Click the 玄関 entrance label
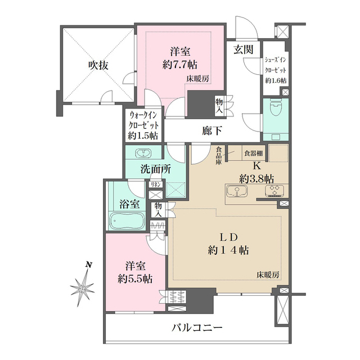(244, 49)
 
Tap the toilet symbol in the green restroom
(276, 108)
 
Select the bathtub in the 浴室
(127, 221)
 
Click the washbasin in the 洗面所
(143, 153)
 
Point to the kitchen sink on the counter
(237, 191)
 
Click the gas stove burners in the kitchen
(275, 191)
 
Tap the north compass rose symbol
(83, 286)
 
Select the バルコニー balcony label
(197, 327)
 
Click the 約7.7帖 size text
(180, 65)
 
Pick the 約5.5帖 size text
(135, 279)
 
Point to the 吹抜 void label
(98, 66)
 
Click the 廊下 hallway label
(212, 131)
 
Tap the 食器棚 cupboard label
(254, 153)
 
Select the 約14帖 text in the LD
(228, 250)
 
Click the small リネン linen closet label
(155, 184)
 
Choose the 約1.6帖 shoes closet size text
(276, 81)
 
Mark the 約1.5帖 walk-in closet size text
(143, 136)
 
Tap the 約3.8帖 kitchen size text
(256, 178)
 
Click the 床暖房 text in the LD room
(268, 275)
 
